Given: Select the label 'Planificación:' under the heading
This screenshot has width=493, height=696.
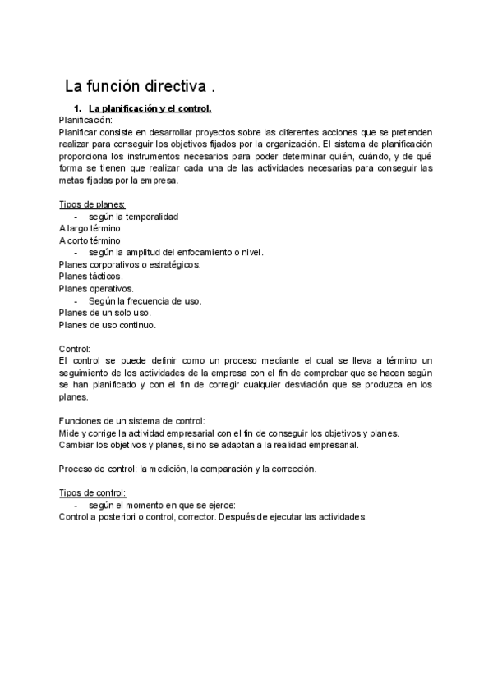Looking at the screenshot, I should [90, 120].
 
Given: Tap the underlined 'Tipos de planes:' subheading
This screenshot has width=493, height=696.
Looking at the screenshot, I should [92, 204].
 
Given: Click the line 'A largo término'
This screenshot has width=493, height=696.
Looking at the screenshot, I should [90, 228].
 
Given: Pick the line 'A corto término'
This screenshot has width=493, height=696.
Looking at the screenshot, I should [90, 240].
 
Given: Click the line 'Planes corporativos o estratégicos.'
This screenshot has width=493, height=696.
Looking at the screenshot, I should [130, 264].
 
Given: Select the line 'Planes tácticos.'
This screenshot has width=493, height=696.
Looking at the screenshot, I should [91, 277].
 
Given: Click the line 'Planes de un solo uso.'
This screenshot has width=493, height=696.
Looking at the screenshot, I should [105, 313].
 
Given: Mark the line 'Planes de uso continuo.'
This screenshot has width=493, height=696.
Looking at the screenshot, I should [108, 324].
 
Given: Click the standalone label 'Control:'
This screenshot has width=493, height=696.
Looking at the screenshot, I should [75, 349].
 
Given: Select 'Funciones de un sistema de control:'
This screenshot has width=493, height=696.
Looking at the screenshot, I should [132, 421].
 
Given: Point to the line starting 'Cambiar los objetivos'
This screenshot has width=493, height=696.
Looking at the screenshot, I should [210, 445].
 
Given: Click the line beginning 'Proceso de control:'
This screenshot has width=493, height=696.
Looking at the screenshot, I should [188, 469].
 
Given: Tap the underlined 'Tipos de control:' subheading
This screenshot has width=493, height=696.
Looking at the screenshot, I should [92, 493].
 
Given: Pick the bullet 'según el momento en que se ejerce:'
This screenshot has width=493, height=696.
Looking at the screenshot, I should [162, 506].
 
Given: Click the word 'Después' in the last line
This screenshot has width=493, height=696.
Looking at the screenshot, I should [239, 517].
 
